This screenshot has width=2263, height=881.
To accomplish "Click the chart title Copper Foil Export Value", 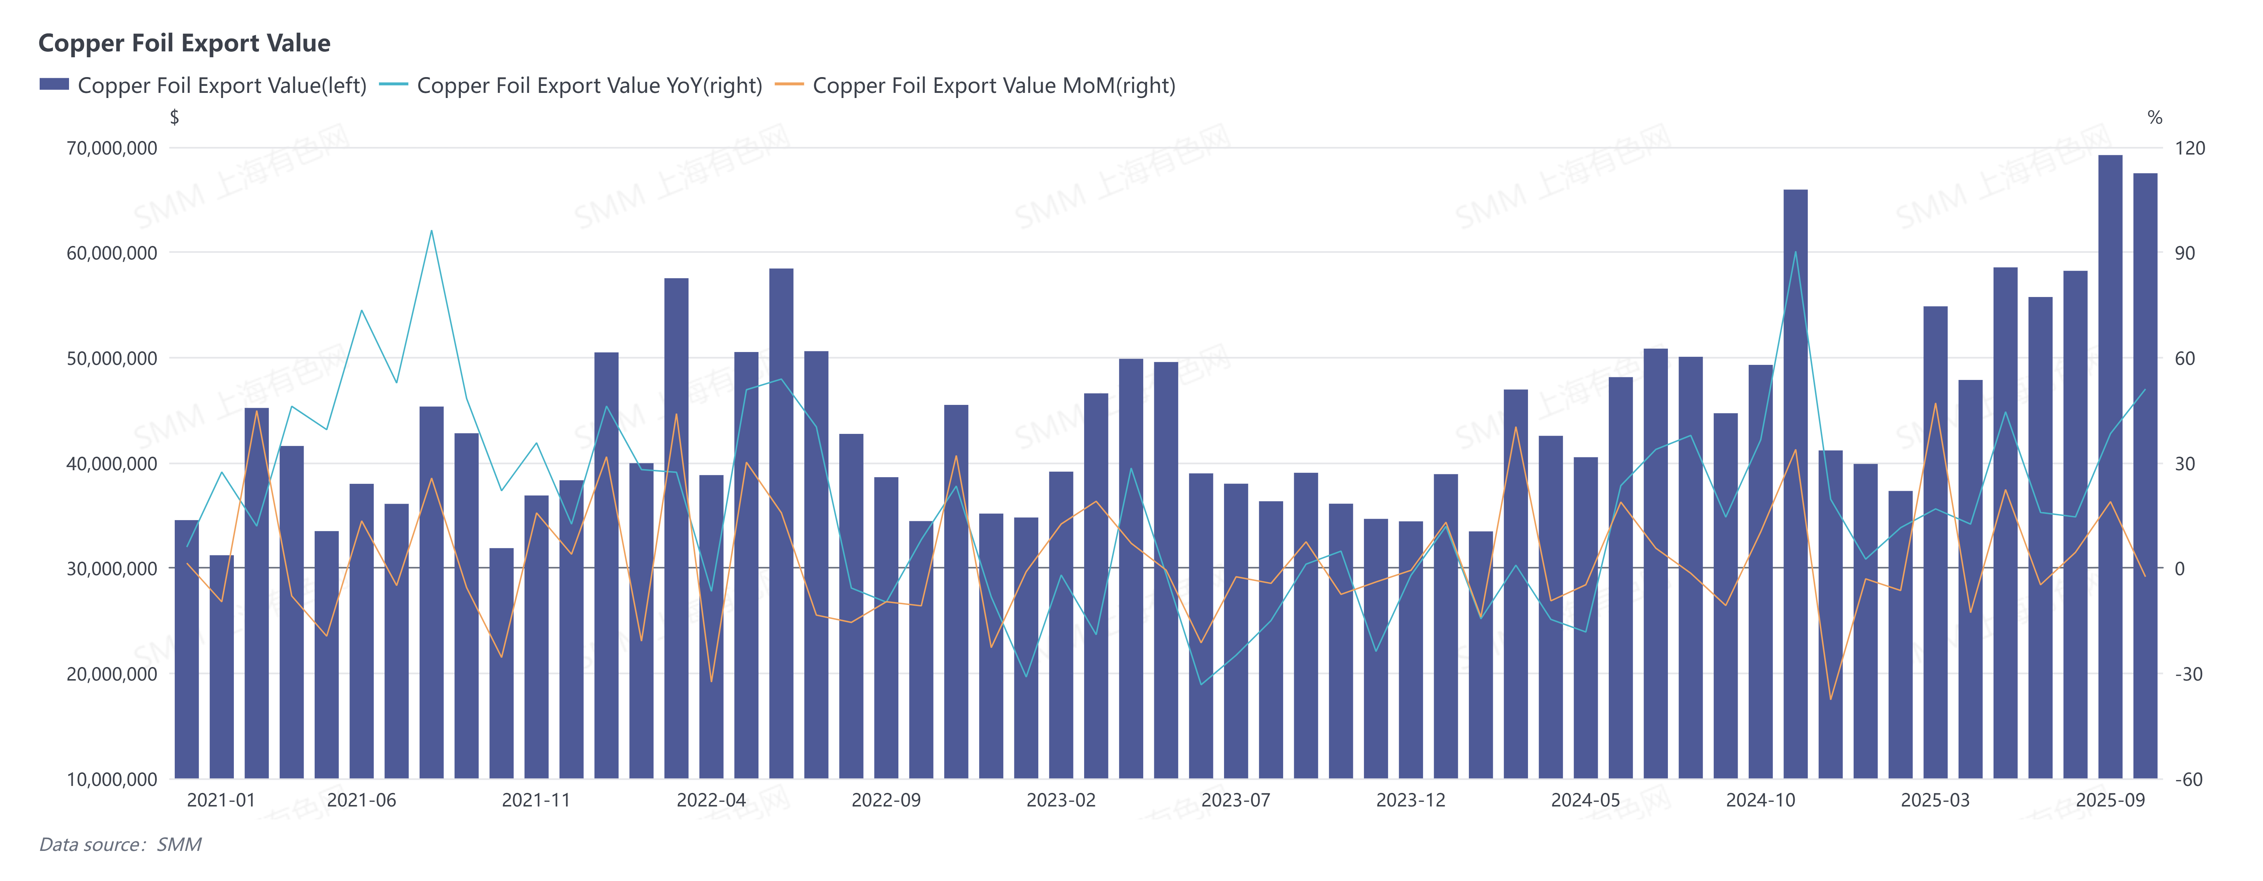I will point(184,43).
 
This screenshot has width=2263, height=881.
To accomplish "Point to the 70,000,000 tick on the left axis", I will point(112,148).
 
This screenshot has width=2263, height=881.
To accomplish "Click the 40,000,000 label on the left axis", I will point(112,464).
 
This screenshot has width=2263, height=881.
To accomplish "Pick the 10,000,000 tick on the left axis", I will point(112,779).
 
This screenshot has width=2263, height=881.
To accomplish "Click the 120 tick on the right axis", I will point(2189,148).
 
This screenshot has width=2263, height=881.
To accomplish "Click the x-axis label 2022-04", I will point(711,800).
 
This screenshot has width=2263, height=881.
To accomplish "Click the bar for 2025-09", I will point(2110,465).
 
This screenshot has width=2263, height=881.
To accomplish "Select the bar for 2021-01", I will point(221,668).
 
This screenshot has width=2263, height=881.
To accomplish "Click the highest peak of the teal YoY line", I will point(431,231).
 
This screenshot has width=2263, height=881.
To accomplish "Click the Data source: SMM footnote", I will point(120,844).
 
